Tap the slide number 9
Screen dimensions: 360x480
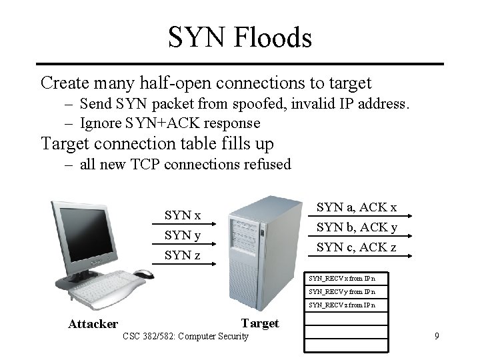437,336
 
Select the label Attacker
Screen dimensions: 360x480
93,325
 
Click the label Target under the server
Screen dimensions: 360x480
260,323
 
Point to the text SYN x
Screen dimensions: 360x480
183,215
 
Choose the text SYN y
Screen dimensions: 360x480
183,235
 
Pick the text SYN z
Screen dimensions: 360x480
183,255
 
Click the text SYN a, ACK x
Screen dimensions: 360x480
357,207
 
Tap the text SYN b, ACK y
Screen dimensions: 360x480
357,227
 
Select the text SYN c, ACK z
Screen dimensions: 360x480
357,247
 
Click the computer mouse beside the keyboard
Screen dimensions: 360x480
143,273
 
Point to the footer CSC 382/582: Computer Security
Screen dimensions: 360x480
185,336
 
